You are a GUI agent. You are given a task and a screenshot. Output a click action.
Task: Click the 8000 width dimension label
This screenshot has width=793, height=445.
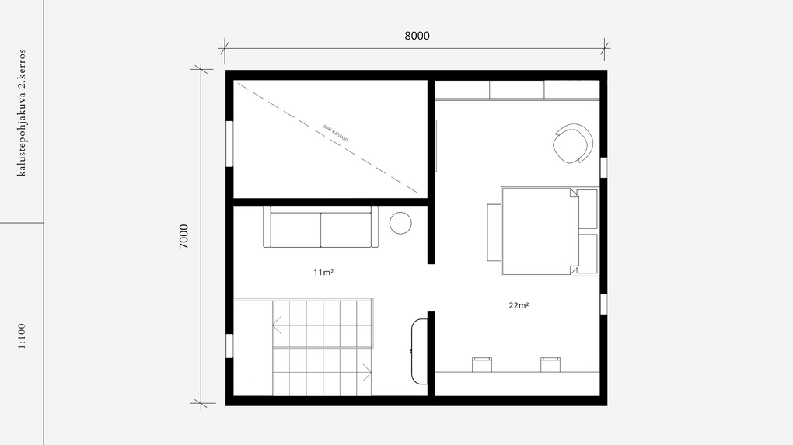pyautogui.click(x=417, y=36)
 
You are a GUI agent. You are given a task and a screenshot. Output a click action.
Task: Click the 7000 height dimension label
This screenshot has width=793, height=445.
pyautogui.click(x=183, y=236)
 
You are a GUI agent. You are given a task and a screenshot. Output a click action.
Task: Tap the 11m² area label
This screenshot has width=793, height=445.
pyautogui.click(x=323, y=273)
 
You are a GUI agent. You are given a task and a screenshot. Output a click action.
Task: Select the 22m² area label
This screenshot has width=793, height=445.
pyautogui.click(x=519, y=305)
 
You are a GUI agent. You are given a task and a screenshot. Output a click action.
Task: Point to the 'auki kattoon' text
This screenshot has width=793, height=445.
pyautogui.click(x=335, y=133)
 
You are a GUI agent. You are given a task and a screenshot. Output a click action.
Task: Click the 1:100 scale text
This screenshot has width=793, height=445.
pyautogui.click(x=22, y=336)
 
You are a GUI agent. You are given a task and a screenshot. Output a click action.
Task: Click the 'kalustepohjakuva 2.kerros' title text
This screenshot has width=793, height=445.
pyautogui.click(x=21, y=113)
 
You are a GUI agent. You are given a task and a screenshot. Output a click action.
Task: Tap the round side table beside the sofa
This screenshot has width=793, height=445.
pyautogui.click(x=400, y=223)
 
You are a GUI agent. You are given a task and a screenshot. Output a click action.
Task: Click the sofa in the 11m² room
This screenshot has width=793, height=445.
pyautogui.click(x=320, y=227)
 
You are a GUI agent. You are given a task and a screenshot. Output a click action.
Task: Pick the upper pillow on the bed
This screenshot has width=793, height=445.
pyautogui.click(x=587, y=209)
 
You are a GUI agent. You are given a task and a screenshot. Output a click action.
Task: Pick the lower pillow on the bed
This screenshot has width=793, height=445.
pyautogui.click(x=587, y=253)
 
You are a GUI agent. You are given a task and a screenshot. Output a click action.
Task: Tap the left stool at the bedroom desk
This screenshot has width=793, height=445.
pyautogui.click(x=482, y=365)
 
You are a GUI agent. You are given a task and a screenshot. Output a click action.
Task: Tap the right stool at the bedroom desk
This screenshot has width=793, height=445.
pyautogui.click(x=550, y=365)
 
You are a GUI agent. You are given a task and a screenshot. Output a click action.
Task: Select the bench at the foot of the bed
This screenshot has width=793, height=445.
pyautogui.click(x=494, y=232)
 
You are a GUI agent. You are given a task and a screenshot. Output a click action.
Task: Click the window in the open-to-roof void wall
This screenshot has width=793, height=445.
pyautogui.click(x=229, y=144)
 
